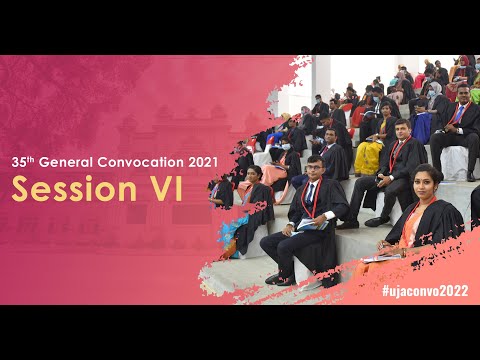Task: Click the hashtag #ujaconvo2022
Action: (424, 290)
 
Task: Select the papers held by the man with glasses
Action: (311, 223)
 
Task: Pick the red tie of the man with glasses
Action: (317, 198)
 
